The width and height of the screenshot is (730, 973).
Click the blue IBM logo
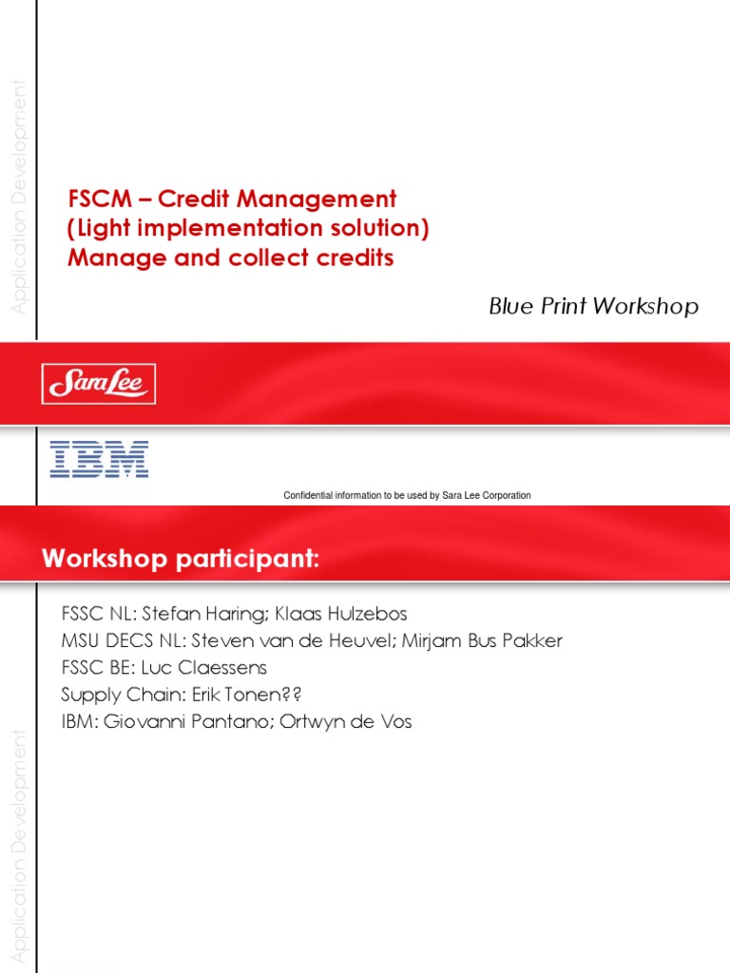tap(99, 458)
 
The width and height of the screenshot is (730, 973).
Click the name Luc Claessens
tap(219, 668)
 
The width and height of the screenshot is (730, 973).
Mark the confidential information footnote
tap(407, 495)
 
